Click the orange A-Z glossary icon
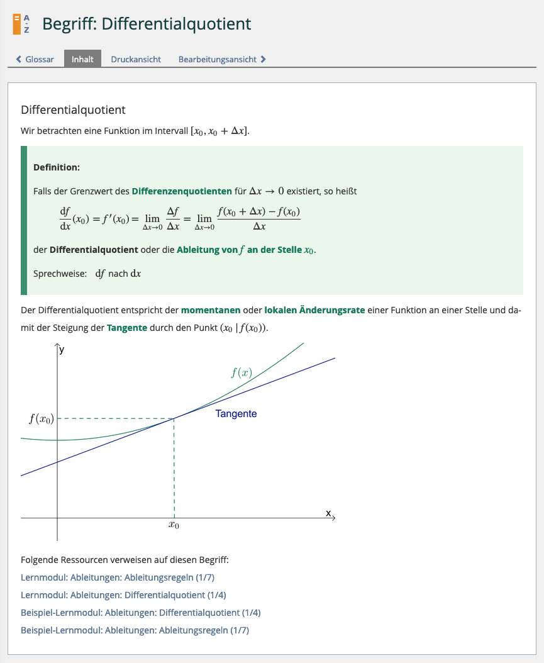21,24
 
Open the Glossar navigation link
35,59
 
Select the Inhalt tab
82,59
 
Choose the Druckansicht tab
136,59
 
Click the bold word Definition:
57,167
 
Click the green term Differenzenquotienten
182,191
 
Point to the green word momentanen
211,310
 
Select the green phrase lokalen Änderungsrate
314,310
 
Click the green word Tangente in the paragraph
127,328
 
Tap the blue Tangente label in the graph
236,414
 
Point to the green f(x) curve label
241,372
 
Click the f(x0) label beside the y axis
42,419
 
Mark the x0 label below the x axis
174,525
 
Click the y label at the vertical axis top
62,350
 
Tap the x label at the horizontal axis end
328,513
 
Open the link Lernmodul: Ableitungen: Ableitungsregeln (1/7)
118,577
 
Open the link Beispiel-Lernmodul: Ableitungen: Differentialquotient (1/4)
140,613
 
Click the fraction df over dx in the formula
65,219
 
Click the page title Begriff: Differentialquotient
147,24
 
